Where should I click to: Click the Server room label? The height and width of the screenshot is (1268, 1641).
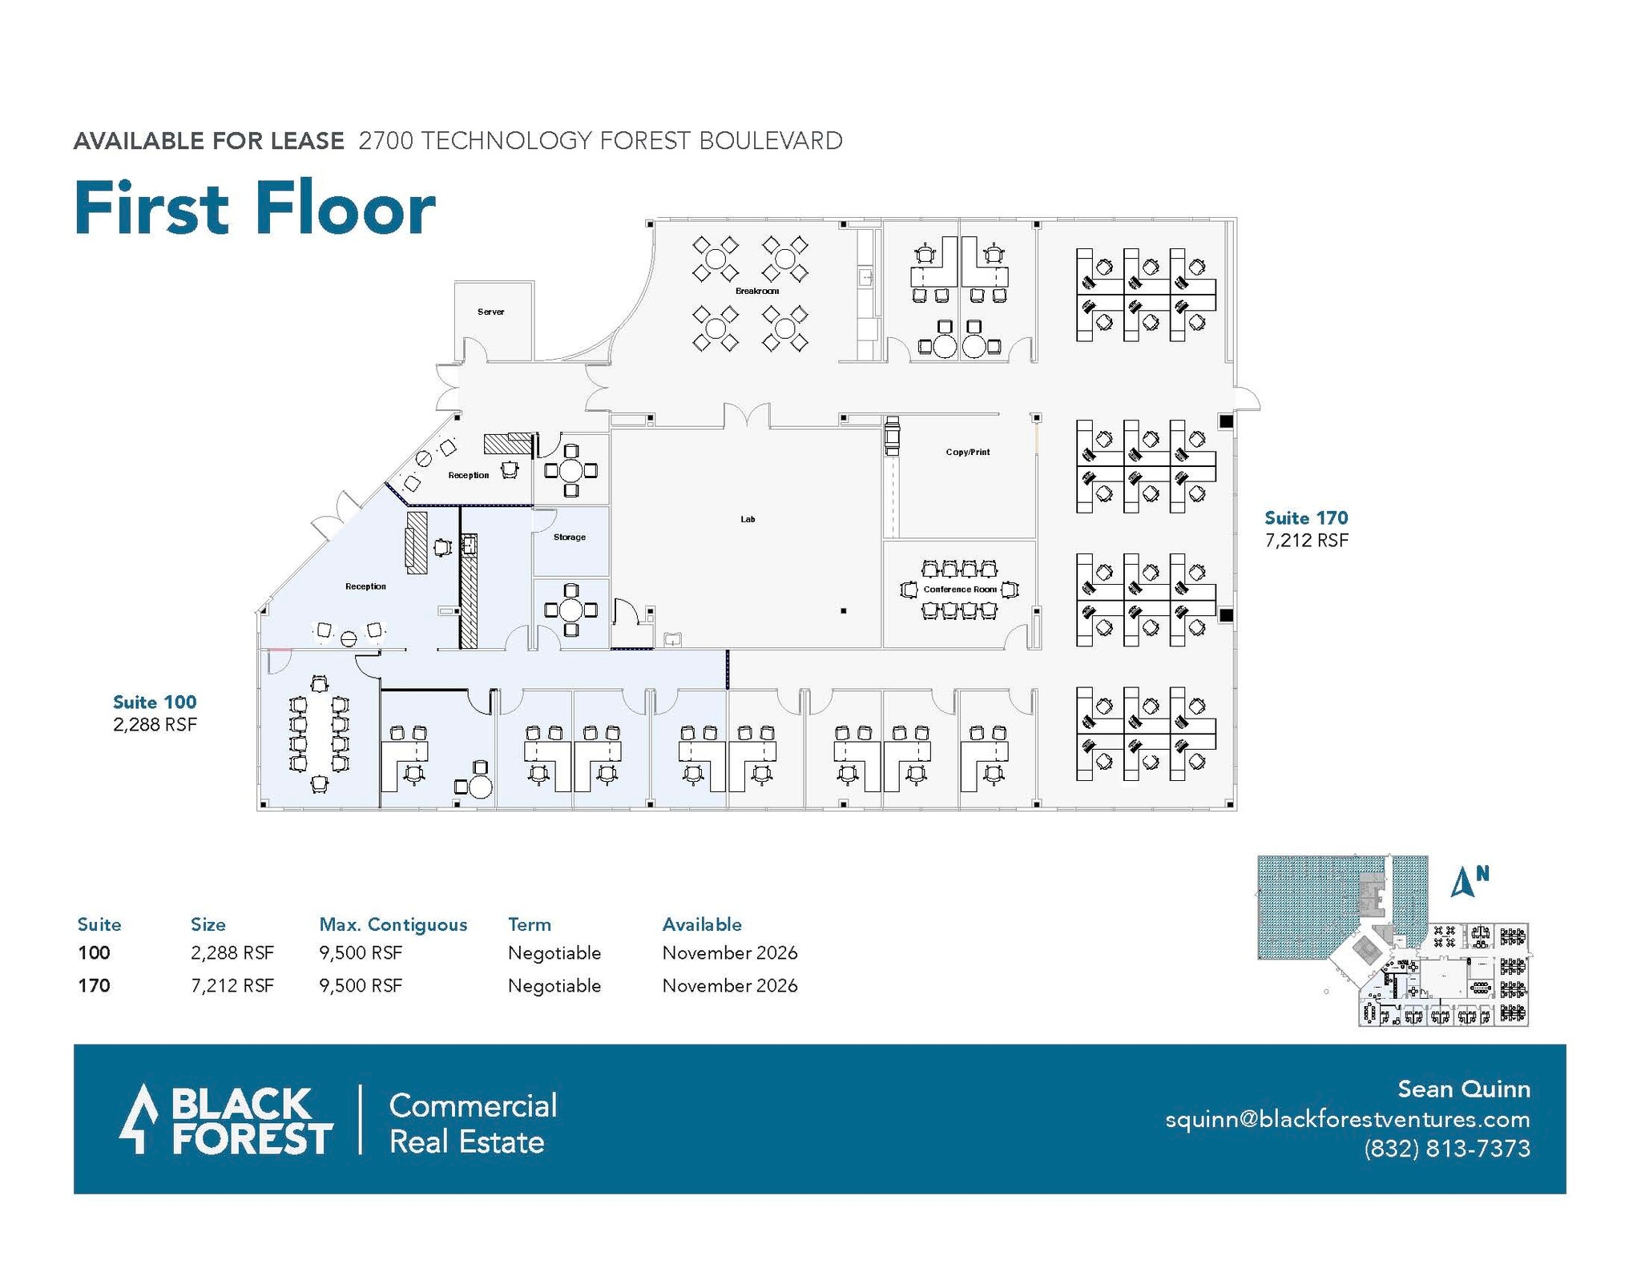[490, 312]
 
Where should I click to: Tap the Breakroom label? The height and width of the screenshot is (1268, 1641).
[756, 291]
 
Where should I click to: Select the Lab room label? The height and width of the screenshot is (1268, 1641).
[747, 519]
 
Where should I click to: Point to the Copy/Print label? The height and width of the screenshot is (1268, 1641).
[967, 452]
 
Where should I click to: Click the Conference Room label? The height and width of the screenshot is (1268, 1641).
[960, 590]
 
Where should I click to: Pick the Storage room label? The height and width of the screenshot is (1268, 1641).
[569, 537]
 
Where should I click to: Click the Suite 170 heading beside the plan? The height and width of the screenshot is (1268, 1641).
[1305, 518]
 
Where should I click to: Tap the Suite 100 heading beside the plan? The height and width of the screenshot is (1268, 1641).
[154, 702]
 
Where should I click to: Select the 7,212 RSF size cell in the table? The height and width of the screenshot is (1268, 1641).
[232, 985]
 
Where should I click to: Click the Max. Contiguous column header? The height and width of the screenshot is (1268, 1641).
[393, 924]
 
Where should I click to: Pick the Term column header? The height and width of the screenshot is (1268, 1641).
[529, 924]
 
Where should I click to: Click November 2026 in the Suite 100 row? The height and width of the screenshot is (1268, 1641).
[729, 953]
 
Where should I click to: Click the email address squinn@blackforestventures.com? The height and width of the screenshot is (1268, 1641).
[1347, 1119]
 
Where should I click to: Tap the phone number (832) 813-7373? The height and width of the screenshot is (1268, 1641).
[1446, 1149]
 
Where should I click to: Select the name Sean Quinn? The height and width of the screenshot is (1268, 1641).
[1463, 1089]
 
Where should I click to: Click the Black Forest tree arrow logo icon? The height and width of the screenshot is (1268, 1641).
[142, 1118]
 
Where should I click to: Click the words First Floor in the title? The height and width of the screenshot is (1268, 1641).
[254, 208]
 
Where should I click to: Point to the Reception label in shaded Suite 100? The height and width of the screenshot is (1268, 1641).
[365, 586]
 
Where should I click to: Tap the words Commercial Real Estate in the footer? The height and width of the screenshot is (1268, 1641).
[472, 1123]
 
